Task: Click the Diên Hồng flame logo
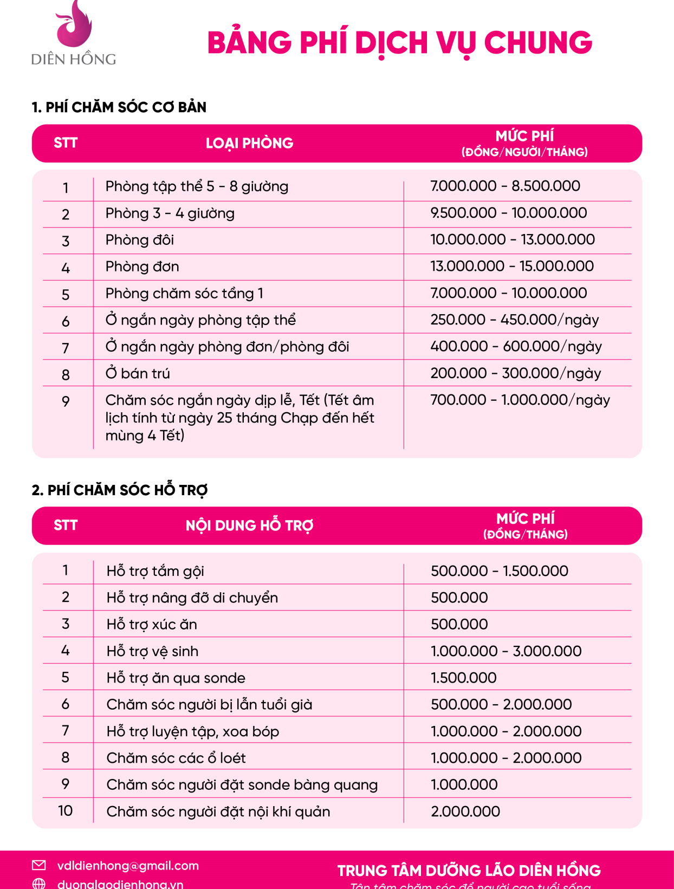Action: [x=74, y=24]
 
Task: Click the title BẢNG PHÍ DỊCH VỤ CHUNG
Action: [x=399, y=43]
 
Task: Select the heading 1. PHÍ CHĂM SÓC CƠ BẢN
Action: [x=119, y=107]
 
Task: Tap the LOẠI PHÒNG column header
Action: [x=249, y=143]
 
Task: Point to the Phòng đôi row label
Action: [x=140, y=240]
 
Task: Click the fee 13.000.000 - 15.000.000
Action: [x=512, y=266]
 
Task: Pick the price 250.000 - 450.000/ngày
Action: [x=515, y=320]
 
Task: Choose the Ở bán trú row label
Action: [x=138, y=373]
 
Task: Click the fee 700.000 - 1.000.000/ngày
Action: [x=520, y=400]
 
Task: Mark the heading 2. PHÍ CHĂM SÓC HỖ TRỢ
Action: [x=120, y=490]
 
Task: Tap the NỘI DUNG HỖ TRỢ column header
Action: [x=249, y=525]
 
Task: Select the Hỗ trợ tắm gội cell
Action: [x=155, y=571]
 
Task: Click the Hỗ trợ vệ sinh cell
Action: [x=152, y=651]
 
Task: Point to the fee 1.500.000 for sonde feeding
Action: [x=464, y=678]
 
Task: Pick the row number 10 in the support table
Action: [x=66, y=811]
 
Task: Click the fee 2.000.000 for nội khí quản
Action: [x=465, y=812]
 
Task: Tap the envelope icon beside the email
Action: [x=39, y=865]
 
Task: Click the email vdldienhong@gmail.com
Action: [x=128, y=866]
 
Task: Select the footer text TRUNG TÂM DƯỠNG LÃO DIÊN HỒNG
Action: [x=469, y=871]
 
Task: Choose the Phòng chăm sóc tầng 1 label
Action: [x=184, y=293]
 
